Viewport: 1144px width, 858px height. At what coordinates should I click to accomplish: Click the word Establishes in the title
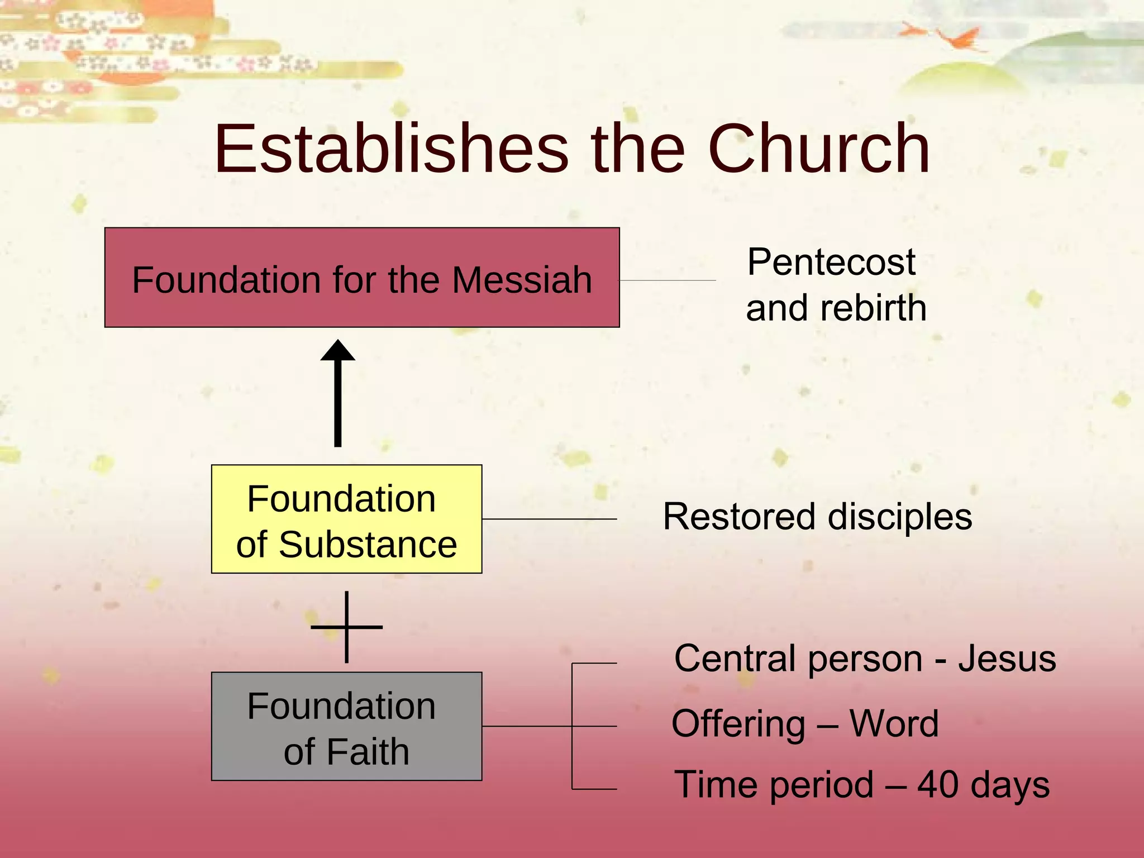(x=391, y=149)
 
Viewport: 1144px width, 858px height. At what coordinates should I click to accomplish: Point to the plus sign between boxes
(x=347, y=627)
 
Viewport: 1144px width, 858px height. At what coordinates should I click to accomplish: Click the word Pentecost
(x=831, y=262)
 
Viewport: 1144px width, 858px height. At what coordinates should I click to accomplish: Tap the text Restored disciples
(x=817, y=517)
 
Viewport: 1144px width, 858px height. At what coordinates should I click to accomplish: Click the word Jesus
(x=1007, y=659)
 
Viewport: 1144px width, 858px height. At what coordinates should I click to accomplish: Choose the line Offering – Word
(x=804, y=724)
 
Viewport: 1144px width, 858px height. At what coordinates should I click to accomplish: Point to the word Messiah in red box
(x=522, y=280)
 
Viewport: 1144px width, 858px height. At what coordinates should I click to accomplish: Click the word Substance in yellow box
(x=368, y=545)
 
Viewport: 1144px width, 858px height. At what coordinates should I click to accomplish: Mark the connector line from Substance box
(x=549, y=519)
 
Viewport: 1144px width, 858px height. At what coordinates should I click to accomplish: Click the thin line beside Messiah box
(x=668, y=280)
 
